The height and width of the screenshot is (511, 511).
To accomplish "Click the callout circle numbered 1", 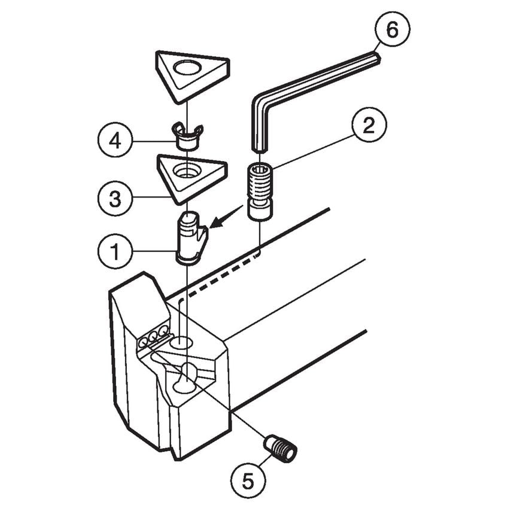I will (x=114, y=253).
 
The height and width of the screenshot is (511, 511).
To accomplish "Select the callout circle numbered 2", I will (x=368, y=126).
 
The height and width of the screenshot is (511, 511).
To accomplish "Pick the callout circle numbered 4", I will (x=114, y=142).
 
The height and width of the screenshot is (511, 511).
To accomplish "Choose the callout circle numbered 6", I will (x=392, y=30).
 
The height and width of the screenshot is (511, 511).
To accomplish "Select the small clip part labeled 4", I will (x=187, y=138).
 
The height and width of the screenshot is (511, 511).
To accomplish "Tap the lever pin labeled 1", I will (x=190, y=238).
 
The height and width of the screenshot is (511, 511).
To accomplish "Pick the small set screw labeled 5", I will (x=282, y=448).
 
